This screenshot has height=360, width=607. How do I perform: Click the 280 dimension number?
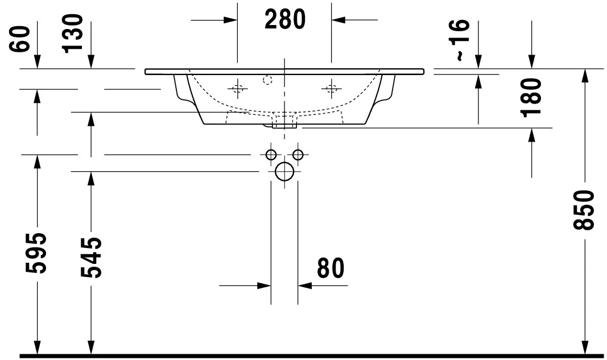pyautogui.click(x=285, y=19)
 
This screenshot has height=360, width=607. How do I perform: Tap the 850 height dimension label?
pyautogui.click(x=584, y=210)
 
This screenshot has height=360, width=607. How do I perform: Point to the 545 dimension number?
pyautogui.click(x=92, y=258)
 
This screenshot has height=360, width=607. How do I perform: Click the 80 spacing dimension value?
pyautogui.click(x=331, y=268)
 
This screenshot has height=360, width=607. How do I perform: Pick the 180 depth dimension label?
pyautogui.click(x=531, y=98)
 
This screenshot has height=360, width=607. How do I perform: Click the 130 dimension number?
pyautogui.click(x=72, y=34)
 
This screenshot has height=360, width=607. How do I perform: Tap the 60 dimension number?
pyautogui.click(x=19, y=39)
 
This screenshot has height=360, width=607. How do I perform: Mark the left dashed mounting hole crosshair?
pyautogui.click(x=238, y=89)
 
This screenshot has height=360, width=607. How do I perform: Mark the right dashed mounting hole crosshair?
pyautogui.click(x=331, y=89)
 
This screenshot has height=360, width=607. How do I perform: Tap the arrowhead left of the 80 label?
pyautogui.click(x=265, y=286)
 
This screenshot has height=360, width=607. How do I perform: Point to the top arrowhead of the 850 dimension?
pyautogui.click(x=585, y=76)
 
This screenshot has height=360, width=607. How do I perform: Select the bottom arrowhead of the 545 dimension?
pyautogui.click(x=91, y=347)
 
